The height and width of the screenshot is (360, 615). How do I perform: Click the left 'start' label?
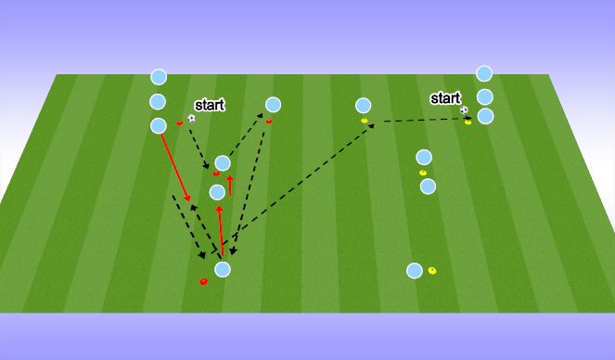point(209,105)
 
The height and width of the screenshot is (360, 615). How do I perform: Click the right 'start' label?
point(445,97)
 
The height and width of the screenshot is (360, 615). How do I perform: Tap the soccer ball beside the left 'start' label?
point(191,119)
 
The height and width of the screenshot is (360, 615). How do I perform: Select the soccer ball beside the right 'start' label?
point(463,110)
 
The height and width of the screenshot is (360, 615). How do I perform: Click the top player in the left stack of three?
point(159,77)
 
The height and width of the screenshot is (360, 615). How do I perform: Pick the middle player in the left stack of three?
point(158,101)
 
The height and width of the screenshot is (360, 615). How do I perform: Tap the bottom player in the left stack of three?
point(158,125)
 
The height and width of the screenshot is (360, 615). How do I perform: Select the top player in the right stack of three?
point(483,73)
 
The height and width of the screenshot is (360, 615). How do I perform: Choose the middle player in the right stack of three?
point(484,96)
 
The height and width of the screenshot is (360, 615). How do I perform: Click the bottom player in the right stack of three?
point(484,116)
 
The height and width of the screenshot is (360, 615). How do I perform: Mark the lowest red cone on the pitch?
point(204,281)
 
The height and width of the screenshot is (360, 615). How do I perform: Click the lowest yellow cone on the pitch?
point(432,271)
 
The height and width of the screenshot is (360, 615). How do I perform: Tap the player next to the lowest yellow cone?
point(414,271)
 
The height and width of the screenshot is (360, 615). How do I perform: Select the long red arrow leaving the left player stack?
point(174,167)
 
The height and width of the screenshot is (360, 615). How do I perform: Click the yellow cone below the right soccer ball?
point(468,121)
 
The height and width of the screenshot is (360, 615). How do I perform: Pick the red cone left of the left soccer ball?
point(180,122)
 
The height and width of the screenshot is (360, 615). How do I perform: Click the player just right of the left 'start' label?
point(273,105)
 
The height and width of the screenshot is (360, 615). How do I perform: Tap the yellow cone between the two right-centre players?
point(423,173)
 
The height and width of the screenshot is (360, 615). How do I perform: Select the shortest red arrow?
point(230,184)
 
